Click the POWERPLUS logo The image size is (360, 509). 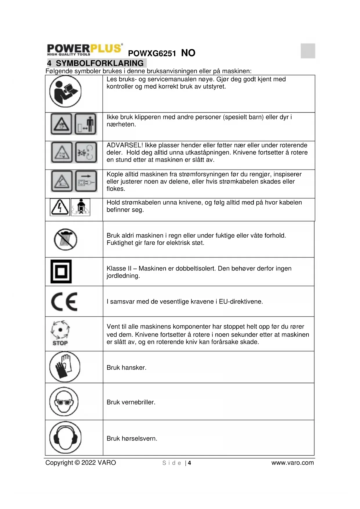[84, 50]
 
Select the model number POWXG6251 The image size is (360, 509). [152, 53]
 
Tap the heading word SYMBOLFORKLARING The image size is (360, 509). [100, 63]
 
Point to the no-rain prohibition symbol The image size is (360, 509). [66, 240]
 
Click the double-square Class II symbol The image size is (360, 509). [61, 272]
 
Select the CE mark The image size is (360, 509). [64, 302]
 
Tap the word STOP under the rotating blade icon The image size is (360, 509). [60, 343]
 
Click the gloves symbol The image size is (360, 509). [64, 367]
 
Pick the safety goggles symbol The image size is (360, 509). [64, 402]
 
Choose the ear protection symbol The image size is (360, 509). [65, 437]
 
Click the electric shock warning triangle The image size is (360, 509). [60, 207]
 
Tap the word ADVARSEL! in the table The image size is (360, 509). [125, 145]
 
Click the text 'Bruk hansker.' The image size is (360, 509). [126, 368]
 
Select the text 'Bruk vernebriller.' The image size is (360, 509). [131, 402]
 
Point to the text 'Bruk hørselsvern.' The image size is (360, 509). [132, 438]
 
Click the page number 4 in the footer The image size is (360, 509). [189, 463]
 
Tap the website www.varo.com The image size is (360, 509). [292, 463]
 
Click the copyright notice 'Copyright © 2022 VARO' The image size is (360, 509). [81, 463]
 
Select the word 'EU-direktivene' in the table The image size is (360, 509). [241, 302]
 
